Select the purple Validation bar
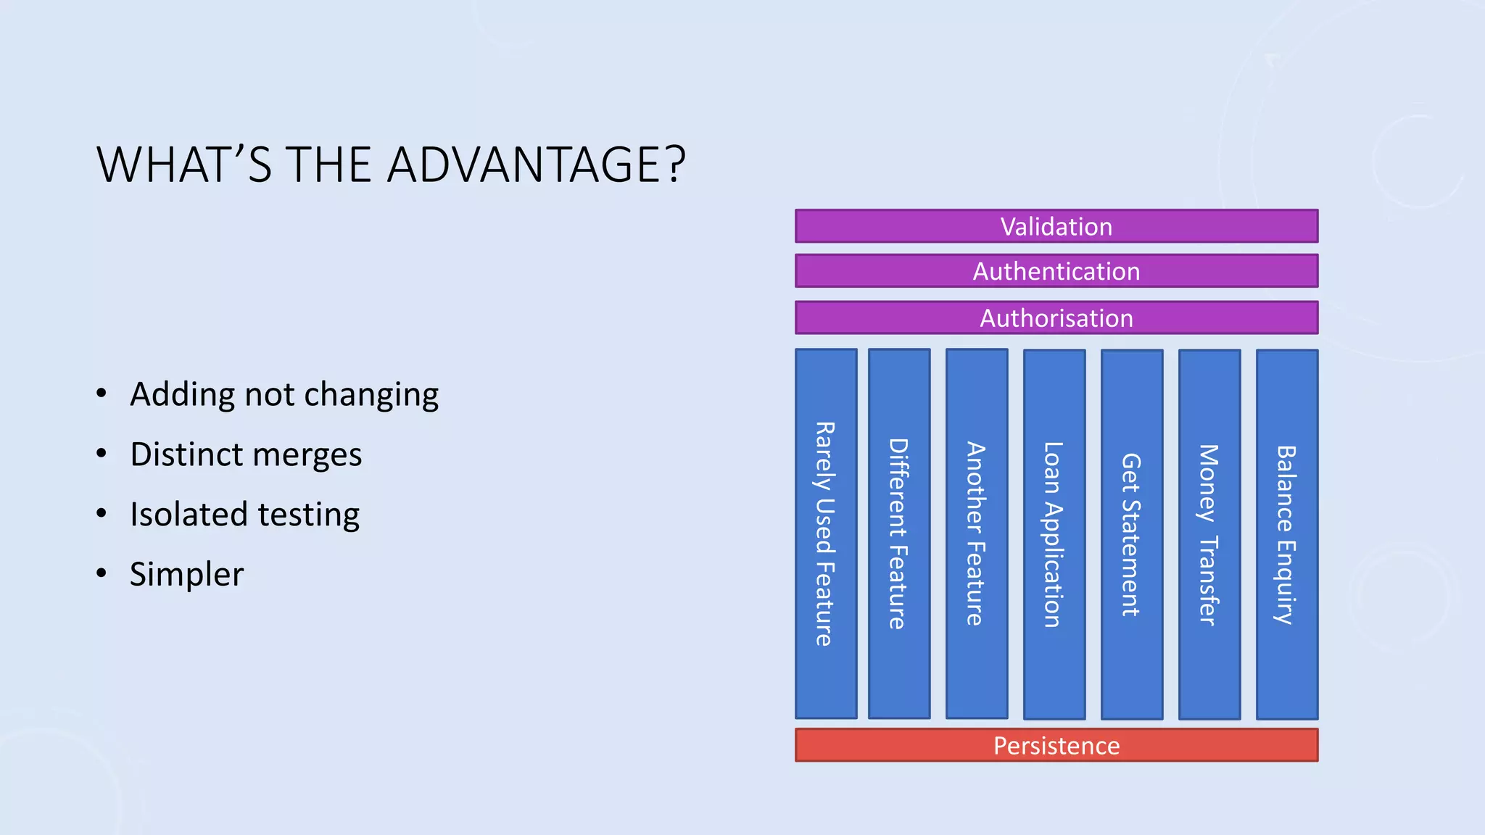(1056, 226)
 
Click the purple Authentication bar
(1056, 271)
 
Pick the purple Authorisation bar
(1056, 318)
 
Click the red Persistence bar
(1056, 745)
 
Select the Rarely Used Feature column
(826, 534)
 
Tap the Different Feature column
(899, 534)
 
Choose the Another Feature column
(977, 534)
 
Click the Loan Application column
(1054, 534)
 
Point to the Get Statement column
(1132, 534)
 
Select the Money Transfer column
(1209, 534)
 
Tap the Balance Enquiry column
(1287, 534)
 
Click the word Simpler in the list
(186, 575)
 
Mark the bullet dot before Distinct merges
(102, 454)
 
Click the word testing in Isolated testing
(308, 515)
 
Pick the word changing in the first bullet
(371, 396)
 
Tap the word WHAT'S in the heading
(184, 165)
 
